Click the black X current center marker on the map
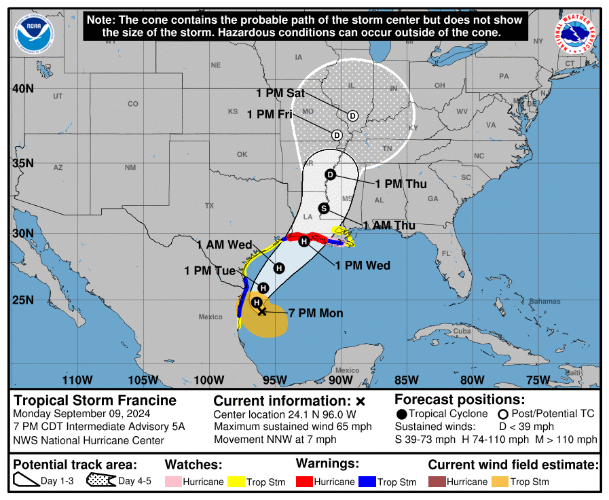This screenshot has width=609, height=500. pyautogui.click(x=262, y=311)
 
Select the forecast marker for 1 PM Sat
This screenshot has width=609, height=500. pyautogui.click(x=352, y=115)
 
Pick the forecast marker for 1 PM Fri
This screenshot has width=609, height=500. pyautogui.click(x=337, y=135)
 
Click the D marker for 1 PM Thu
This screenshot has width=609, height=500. pyautogui.click(x=331, y=175)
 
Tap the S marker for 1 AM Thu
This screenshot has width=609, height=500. pyautogui.click(x=324, y=208)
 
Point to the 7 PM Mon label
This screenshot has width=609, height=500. pyautogui.click(x=316, y=313)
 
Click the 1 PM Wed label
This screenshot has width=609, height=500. pyautogui.click(x=363, y=265)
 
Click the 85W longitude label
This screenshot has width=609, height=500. pyautogui.click(x=406, y=380)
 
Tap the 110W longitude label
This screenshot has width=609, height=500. pyautogui.click(x=77, y=380)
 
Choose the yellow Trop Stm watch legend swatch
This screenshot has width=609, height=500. pyautogui.click(x=236, y=482)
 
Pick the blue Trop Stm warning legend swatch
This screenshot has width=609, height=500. pyautogui.click(x=367, y=482)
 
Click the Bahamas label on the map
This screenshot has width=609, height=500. pyautogui.click(x=545, y=301)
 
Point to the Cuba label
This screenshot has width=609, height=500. pyautogui.click(x=462, y=331)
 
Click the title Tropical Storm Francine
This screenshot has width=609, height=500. pyautogui.click(x=95, y=400)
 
